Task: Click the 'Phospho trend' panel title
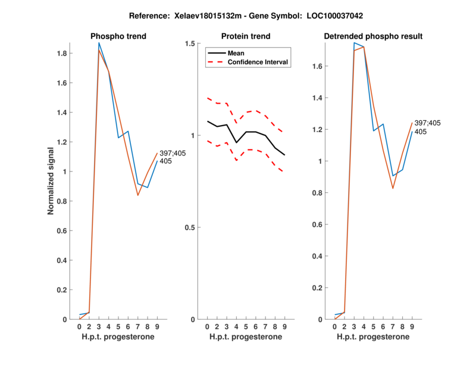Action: [118, 36]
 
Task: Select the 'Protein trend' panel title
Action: [245, 36]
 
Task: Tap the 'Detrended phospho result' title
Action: [373, 36]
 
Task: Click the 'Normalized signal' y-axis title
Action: [52, 181]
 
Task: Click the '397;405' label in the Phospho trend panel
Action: [173, 153]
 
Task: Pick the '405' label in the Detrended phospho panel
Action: [421, 132]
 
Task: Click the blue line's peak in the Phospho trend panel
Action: [99, 43]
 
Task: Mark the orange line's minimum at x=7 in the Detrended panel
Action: [392, 188]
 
